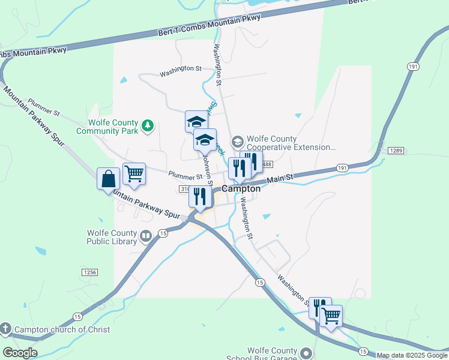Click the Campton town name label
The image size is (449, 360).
point(241,188)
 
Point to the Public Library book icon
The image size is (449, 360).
point(146,236)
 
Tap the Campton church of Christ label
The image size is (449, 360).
point(62,329)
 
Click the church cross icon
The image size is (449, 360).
point(5,329)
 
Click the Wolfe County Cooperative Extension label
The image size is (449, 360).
point(290,143)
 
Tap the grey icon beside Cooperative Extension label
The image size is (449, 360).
point(237,142)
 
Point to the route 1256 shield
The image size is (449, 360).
point(89,272)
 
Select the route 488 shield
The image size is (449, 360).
point(267,164)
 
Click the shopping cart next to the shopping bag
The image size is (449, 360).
point(134,174)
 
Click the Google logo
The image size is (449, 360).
point(20,353)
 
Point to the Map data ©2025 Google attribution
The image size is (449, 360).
point(412,355)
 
